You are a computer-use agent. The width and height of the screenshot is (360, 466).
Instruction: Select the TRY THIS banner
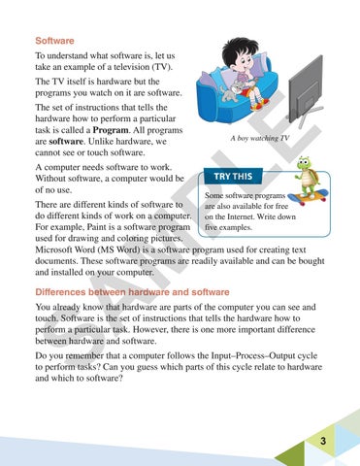(x=234, y=178)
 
